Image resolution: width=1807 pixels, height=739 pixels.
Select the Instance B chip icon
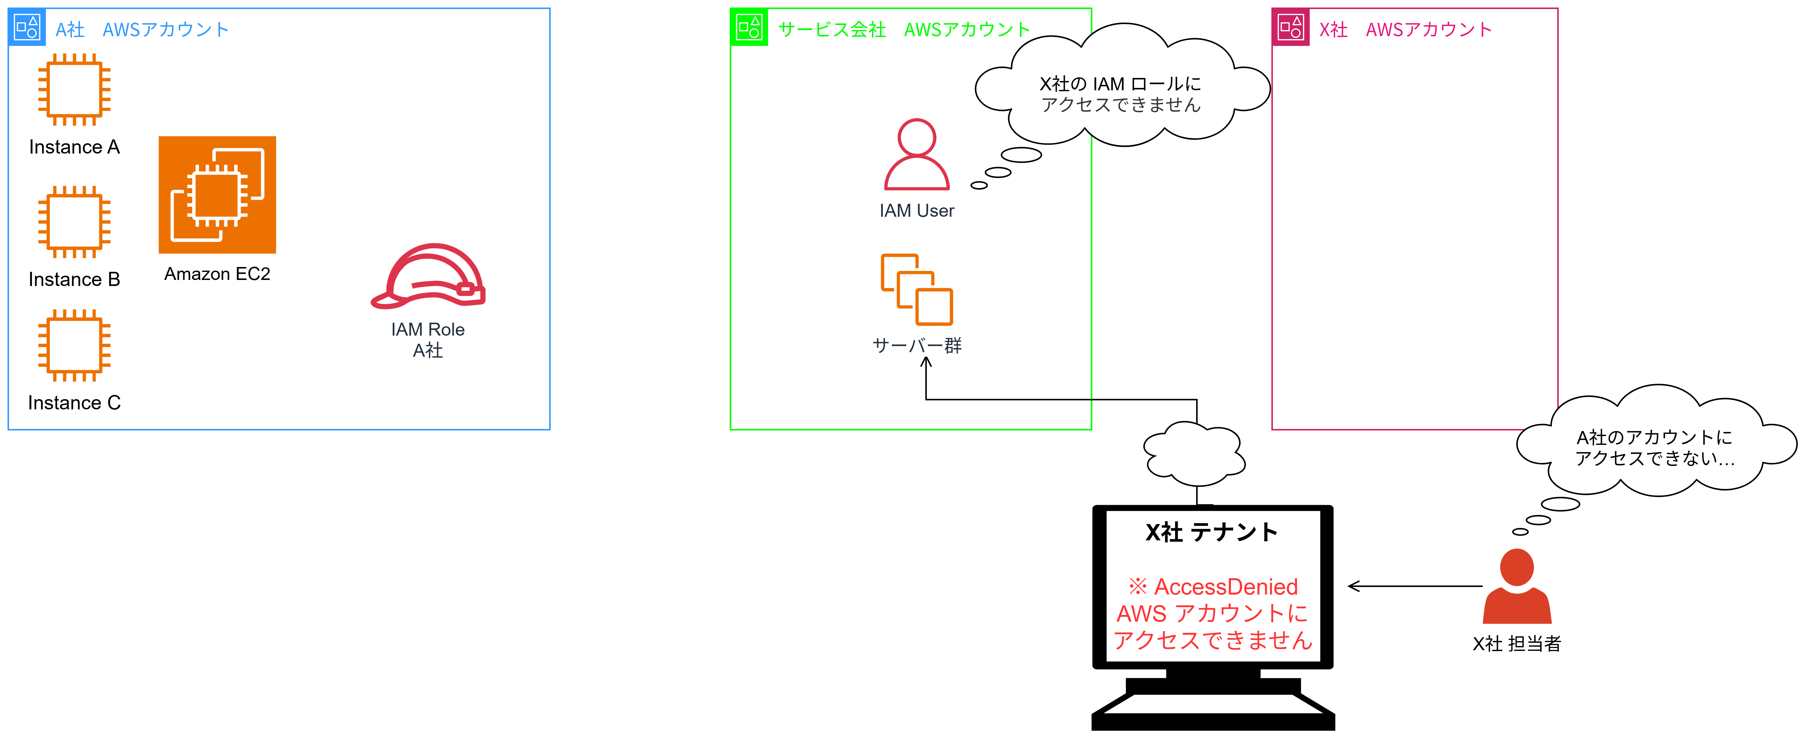tap(74, 222)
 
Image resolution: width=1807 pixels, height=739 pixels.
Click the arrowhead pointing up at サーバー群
tap(926, 362)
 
